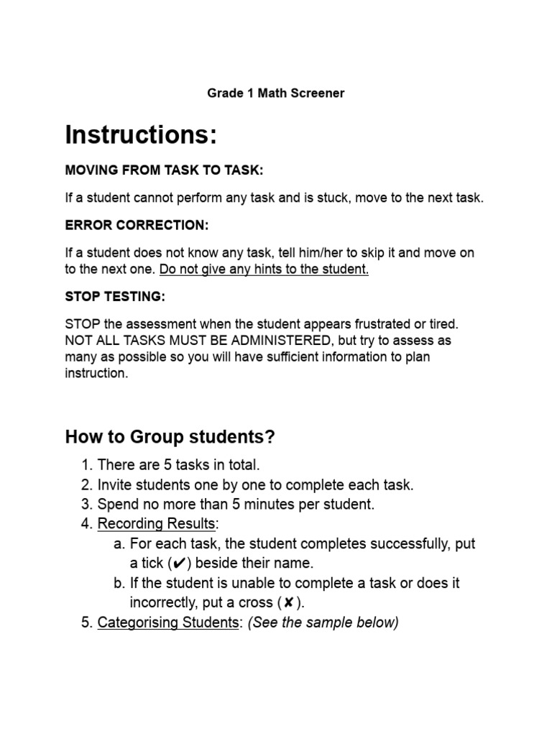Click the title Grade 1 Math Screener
[x=276, y=93]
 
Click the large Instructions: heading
[x=141, y=134]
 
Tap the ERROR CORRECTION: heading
[x=137, y=225]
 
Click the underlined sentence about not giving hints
[x=264, y=270]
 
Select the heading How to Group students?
[x=170, y=436]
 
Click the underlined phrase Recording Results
[x=156, y=524]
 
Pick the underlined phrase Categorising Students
[x=167, y=622]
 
